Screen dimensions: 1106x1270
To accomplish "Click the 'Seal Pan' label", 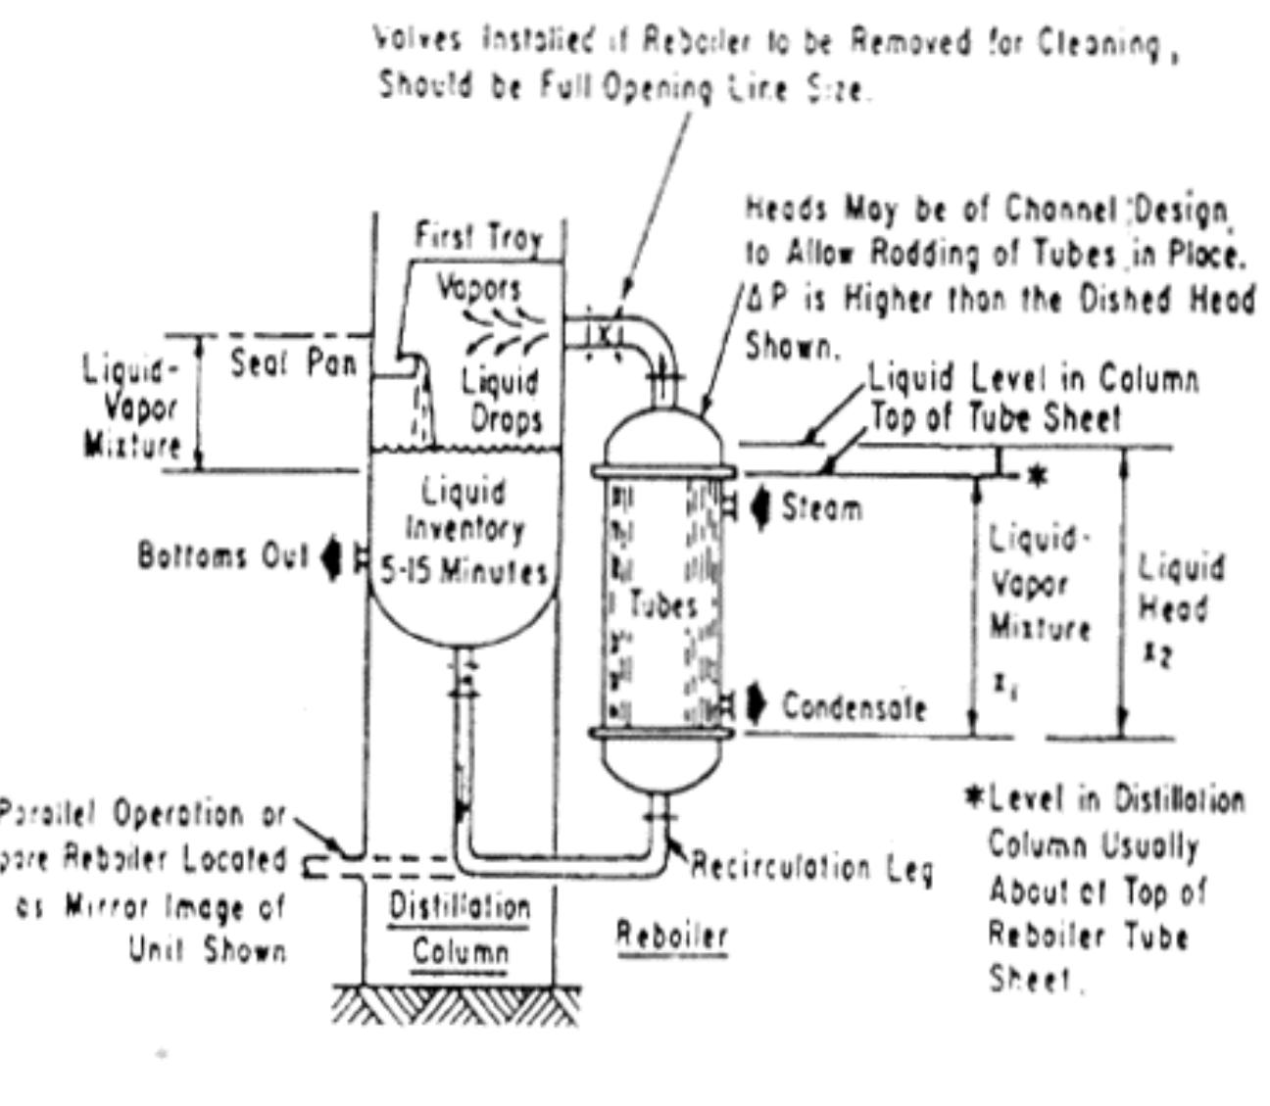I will click(x=293, y=364).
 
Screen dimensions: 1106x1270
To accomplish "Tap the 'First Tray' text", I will click(x=477, y=238).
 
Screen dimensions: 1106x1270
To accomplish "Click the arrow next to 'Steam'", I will click(x=761, y=508).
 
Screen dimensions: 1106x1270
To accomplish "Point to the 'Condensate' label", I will click(x=853, y=706).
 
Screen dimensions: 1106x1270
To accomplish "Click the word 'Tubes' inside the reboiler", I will click(x=663, y=604).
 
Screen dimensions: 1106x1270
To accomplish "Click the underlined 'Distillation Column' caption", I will click(x=460, y=928).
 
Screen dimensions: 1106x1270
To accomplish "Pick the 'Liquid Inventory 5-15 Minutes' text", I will click(x=464, y=531).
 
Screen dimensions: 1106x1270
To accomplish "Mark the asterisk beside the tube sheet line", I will click(x=1038, y=477).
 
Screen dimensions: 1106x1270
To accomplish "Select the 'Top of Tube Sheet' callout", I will click(x=995, y=419).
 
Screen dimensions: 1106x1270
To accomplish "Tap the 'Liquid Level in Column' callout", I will click(x=1034, y=379).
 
